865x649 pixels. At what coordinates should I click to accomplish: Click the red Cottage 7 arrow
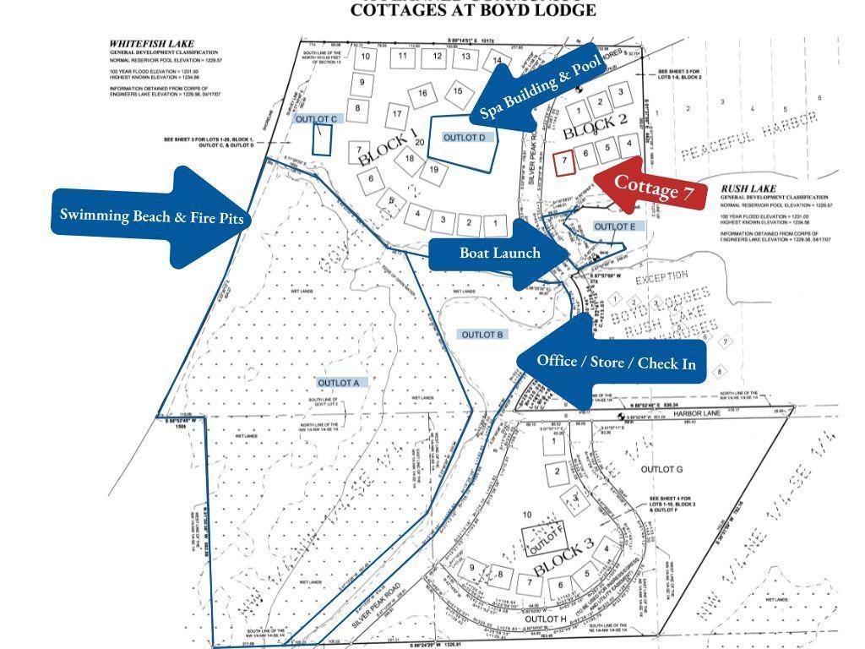(x=655, y=187)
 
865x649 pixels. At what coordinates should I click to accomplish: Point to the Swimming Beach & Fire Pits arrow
(x=152, y=216)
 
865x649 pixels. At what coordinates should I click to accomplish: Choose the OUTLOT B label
(x=483, y=335)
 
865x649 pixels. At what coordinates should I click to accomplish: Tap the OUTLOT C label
(x=317, y=119)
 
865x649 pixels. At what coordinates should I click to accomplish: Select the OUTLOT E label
(x=614, y=226)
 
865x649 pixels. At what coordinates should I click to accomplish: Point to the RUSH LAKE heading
(x=748, y=189)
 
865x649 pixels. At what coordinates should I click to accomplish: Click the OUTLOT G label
(x=661, y=469)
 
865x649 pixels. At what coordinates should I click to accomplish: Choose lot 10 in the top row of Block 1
(x=365, y=57)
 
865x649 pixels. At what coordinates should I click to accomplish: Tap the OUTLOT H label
(x=545, y=619)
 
